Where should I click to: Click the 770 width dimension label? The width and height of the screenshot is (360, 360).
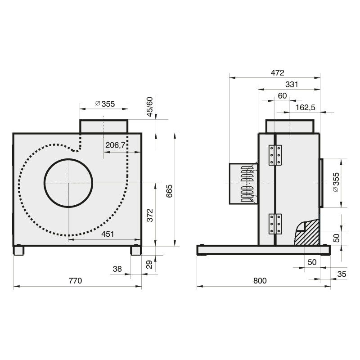click(75, 280)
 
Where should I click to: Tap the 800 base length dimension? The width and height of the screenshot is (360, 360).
click(260, 280)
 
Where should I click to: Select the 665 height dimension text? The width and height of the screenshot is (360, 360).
click(169, 191)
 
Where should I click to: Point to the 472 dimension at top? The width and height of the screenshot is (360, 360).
click(277, 73)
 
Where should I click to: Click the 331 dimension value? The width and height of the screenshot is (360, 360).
click(292, 85)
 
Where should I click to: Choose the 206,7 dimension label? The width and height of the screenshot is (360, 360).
click(115, 145)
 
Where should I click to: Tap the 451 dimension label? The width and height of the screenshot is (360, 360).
click(108, 234)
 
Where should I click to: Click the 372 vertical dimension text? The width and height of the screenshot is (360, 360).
click(150, 215)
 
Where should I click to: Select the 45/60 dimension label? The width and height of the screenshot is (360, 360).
click(149, 107)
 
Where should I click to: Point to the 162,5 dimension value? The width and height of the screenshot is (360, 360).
click(306, 108)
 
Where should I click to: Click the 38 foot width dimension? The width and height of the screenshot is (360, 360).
click(117, 269)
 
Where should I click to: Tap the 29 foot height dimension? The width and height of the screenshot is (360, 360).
click(149, 265)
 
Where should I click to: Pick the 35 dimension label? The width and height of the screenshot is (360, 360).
click(342, 274)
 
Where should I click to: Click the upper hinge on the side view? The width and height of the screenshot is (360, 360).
click(275, 155)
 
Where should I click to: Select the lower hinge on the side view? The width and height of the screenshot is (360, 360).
click(275, 224)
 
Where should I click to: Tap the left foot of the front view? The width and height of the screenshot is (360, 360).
click(18, 250)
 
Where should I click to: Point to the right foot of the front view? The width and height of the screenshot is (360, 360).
click(136, 250)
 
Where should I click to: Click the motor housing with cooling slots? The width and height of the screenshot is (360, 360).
click(243, 184)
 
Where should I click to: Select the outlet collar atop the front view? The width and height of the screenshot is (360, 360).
click(104, 126)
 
